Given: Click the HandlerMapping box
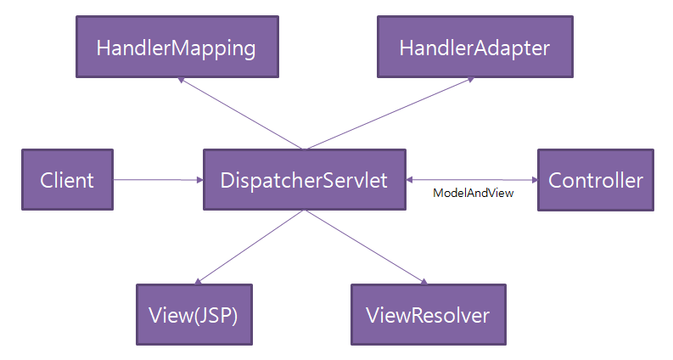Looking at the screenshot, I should tap(176, 48).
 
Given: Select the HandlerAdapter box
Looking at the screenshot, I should tap(474, 48).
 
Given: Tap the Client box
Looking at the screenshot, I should tap(67, 180).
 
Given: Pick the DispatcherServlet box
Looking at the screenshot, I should tap(304, 180).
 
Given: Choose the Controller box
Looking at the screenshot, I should tap(595, 180).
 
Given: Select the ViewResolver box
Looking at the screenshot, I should tap(427, 315).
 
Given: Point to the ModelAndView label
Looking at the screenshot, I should tap(473, 194).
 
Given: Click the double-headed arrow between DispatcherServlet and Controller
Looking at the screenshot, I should tap(471, 180).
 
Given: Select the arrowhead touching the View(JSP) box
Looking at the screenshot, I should tap(199, 280).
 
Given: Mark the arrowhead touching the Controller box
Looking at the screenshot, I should tap(533, 180).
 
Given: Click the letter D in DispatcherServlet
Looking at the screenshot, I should tap(227, 180).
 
